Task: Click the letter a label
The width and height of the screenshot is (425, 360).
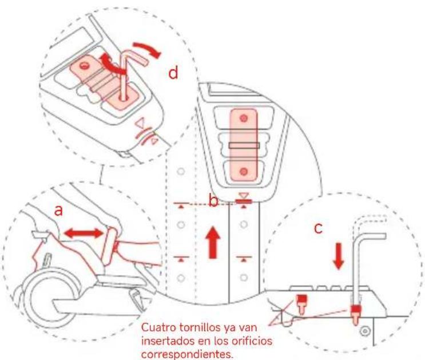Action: point(58,210)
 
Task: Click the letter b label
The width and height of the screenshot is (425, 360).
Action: point(213,201)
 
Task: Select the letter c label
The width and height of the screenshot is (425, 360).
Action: point(318,228)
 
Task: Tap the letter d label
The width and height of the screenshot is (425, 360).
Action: point(173,73)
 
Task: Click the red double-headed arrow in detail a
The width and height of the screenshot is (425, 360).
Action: point(84,234)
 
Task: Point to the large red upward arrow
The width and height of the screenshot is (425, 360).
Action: point(213,242)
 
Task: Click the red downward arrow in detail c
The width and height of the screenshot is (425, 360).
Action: point(338,256)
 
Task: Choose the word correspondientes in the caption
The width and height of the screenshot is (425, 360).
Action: point(187,354)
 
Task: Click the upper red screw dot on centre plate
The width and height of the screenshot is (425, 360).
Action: point(244,118)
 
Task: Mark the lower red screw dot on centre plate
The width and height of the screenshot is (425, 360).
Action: point(244,172)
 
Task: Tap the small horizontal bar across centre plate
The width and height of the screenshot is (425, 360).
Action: point(244,145)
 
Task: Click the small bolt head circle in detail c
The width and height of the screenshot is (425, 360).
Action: point(365,331)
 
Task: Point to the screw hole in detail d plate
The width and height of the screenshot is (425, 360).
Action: point(85,65)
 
